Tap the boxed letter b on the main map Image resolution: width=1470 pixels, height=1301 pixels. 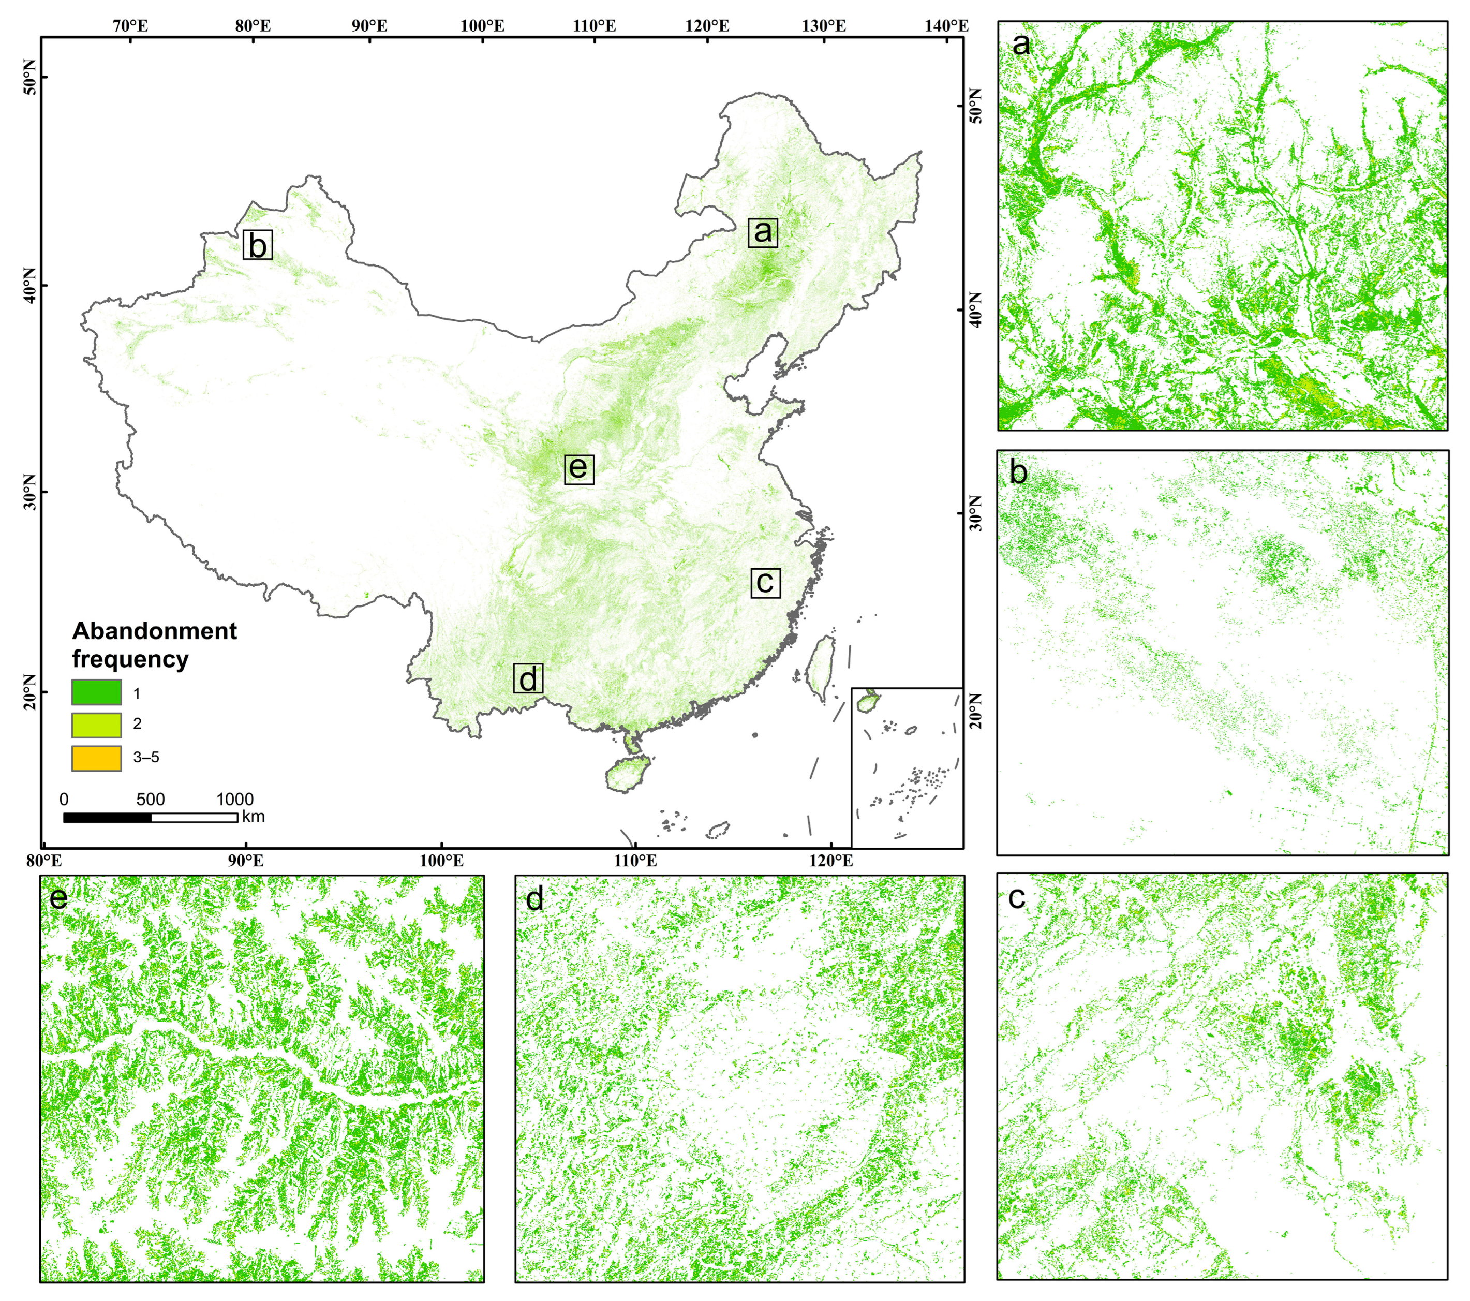[x=258, y=245]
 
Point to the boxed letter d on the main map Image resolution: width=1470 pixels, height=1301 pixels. [x=528, y=678]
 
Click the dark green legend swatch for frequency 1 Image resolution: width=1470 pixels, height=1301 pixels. [x=96, y=692]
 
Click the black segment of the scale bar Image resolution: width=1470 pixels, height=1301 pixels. [x=107, y=818]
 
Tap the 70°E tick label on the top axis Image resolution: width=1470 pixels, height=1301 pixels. [x=130, y=26]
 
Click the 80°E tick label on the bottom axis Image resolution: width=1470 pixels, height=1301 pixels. [x=44, y=860]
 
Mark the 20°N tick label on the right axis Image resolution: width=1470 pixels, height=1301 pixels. [x=975, y=711]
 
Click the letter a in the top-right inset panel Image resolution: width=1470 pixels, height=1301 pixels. [x=1020, y=45]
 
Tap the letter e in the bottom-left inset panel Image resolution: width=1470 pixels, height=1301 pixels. [x=58, y=898]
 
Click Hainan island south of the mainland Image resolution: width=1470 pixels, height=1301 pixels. [x=627, y=776]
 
